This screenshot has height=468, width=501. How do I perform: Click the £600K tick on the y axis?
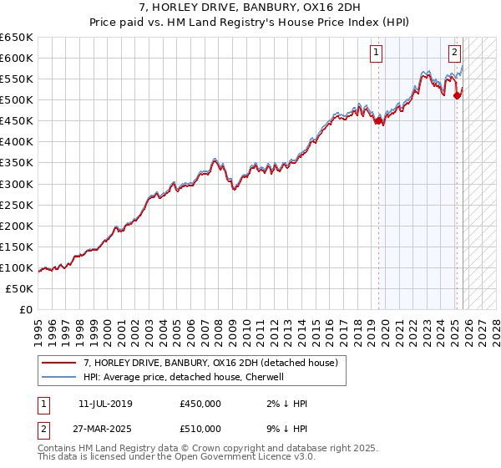(17, 58)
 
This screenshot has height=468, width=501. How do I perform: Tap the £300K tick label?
(17, 184)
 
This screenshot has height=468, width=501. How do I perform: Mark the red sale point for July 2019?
(378, 120)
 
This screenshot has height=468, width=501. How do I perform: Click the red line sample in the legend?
(58, 363)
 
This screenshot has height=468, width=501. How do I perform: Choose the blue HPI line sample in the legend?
(58, 377)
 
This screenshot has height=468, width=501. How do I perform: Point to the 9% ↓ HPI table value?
(284, 429)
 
